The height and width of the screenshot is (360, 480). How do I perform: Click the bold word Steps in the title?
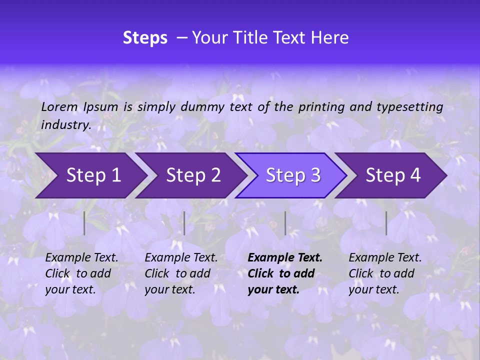click(x=145, y=38)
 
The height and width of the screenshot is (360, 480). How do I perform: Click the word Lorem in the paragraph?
click(x=59, y=106)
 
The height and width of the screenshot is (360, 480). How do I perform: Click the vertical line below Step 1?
click(x=84, y=223)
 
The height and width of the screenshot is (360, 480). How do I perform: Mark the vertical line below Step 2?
click(x=184, y=223)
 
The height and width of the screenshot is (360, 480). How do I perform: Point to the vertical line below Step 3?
click(x=285, y=223)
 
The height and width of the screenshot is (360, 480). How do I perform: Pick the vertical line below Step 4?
click(x=386, y=223)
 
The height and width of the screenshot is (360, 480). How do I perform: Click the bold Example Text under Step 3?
click(x=285, y=258)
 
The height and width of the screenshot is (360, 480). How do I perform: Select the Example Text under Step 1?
click(x=81, y=258)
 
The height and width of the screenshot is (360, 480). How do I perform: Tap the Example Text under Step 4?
click(x=385, y=258)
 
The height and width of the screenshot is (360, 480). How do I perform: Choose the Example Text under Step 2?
click(x=181, y=258)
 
